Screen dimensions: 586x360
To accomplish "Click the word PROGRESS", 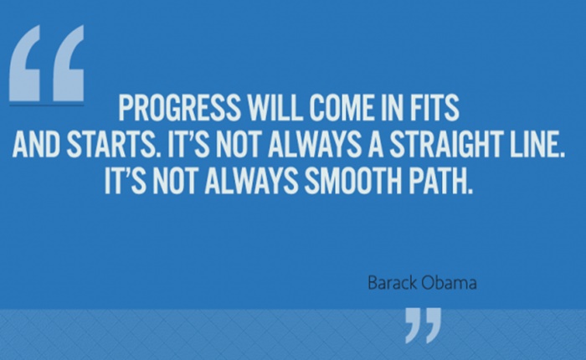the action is [179, 108].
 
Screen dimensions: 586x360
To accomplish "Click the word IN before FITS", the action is [391, 108].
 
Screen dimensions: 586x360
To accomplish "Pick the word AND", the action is [36, 144].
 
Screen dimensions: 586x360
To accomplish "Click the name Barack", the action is [392, 283].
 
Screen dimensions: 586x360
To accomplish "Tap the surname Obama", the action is [450, 283].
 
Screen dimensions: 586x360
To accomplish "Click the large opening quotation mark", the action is [47, 63].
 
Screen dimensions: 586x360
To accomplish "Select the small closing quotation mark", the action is [424, 325].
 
